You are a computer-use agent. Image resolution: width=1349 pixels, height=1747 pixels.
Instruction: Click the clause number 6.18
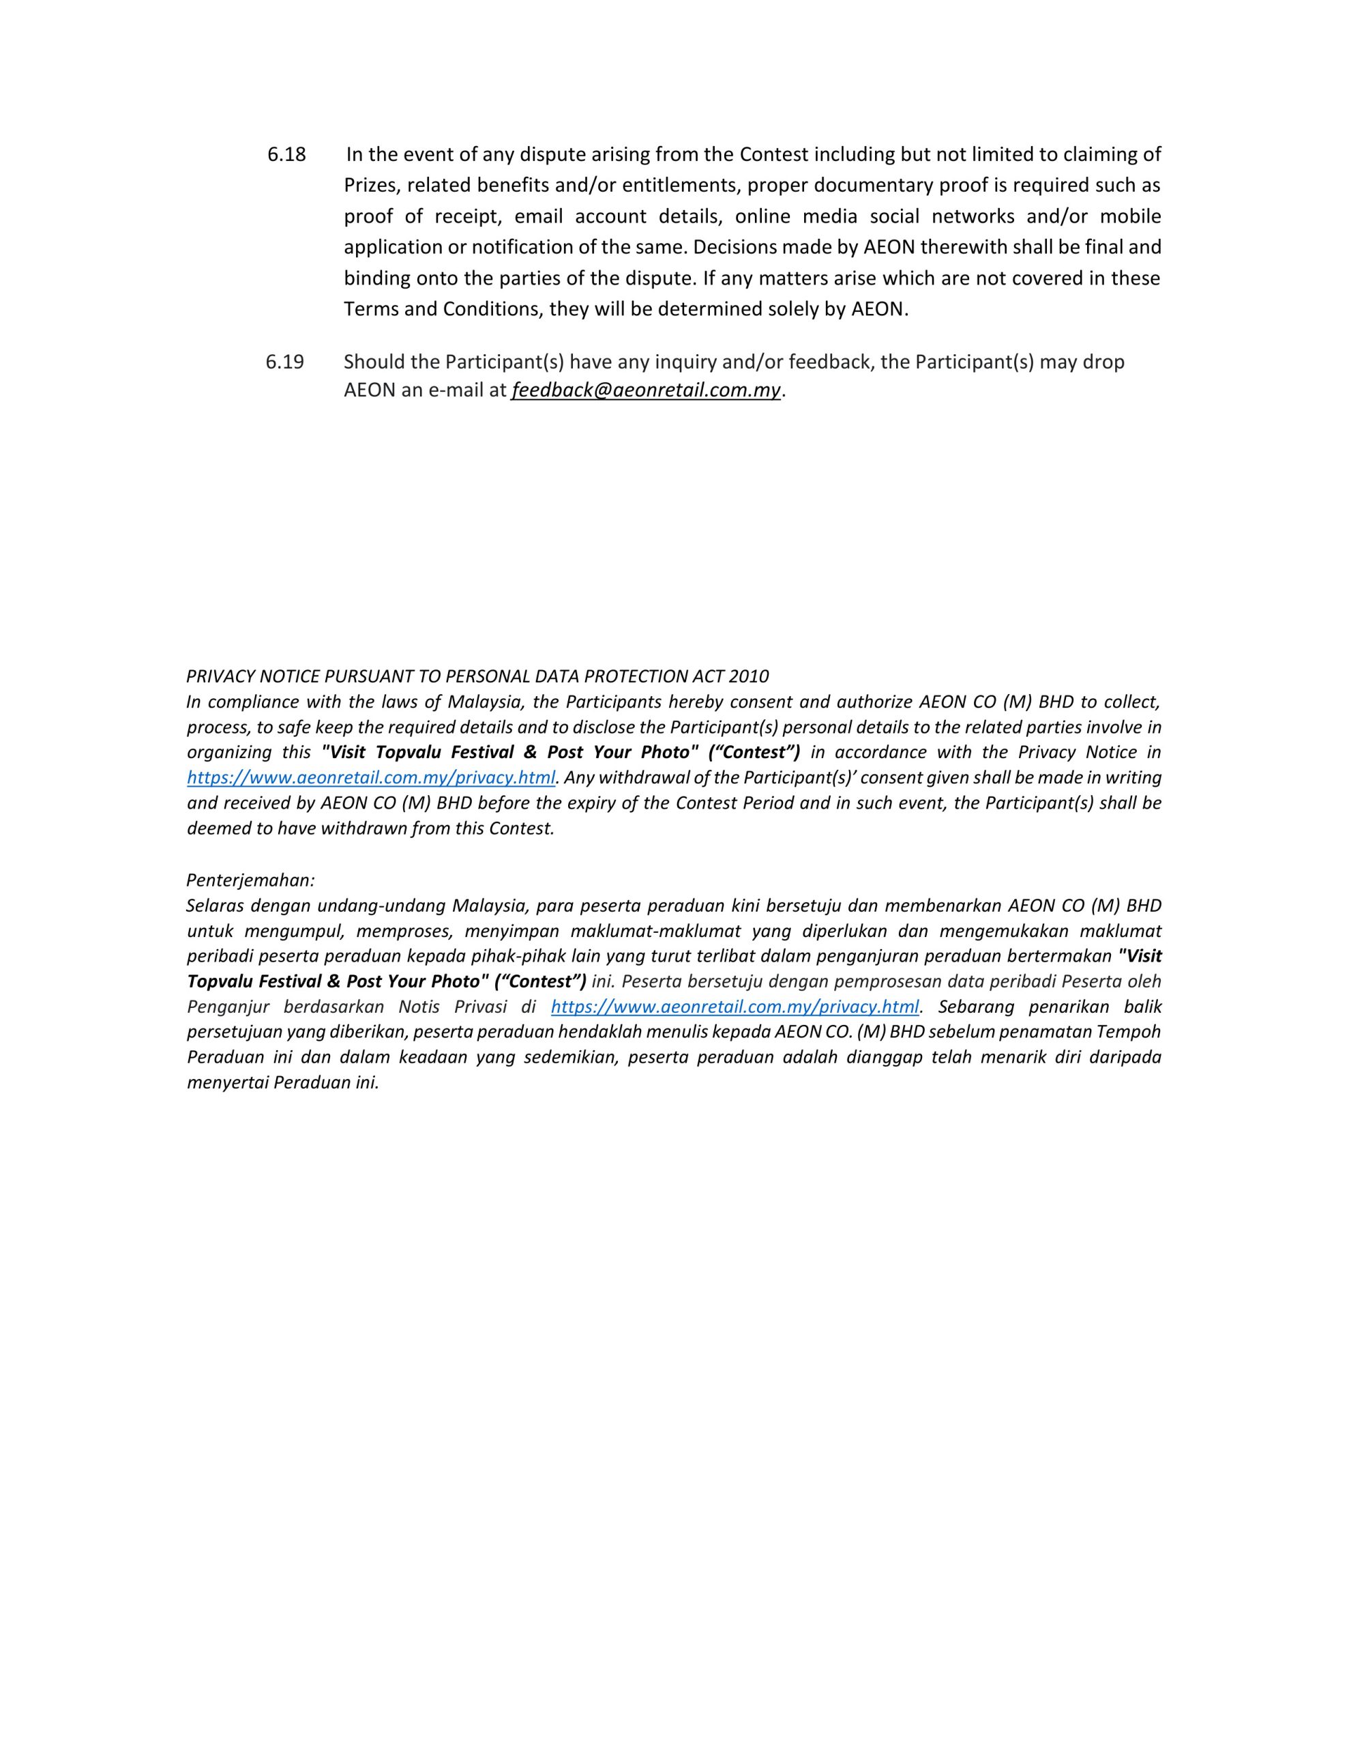click(286, 154)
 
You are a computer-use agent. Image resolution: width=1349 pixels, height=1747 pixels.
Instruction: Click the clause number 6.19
click(284, 362)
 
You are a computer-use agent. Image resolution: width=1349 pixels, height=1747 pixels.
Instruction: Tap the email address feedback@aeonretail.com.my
click(645, 390)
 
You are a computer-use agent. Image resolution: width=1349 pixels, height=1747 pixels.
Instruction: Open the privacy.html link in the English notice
click(371, 777)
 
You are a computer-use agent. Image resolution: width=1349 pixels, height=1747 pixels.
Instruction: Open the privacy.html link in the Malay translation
click(735, 1007)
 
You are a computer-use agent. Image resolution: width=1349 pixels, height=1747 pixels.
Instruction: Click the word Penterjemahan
click(250, 880)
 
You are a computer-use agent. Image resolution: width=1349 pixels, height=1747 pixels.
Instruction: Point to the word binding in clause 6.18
click(376, 278)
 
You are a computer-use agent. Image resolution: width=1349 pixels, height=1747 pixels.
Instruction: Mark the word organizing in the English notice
click(228, 752)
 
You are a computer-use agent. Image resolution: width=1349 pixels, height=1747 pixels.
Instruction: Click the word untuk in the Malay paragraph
click(209, 931)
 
